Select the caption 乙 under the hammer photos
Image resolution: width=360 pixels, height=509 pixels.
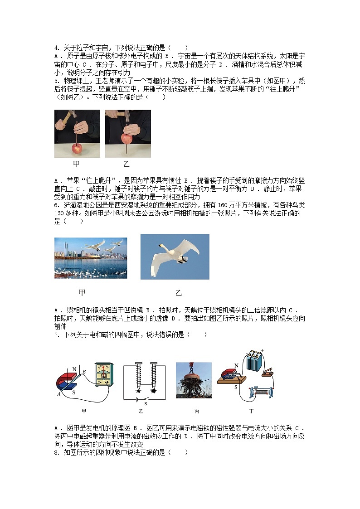tap(126, 164)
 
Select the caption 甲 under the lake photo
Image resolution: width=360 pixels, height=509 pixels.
tap(82, 293)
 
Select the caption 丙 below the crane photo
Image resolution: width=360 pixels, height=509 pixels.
tap(196, 412)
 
